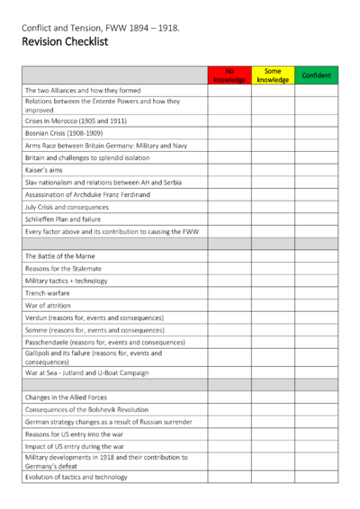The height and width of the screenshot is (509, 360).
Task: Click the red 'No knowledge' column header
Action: point(229,76)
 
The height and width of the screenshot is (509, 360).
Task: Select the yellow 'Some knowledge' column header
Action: point(273,76)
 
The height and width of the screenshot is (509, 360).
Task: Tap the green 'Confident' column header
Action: point(316,76)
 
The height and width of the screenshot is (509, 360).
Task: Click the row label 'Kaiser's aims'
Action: point(44,169)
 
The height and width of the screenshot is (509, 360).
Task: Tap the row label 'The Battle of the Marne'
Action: point(61,256)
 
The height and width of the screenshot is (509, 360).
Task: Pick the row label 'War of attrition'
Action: point(49,306)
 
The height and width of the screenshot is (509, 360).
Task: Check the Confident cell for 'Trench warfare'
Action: point(316,293)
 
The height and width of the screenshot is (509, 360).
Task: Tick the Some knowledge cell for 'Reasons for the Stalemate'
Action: point(273,268)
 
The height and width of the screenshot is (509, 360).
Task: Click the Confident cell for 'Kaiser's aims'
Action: point(316,169)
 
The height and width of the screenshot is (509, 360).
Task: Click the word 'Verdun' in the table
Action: point(36,317)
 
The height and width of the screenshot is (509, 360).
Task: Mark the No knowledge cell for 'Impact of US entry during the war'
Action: point(229,446)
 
